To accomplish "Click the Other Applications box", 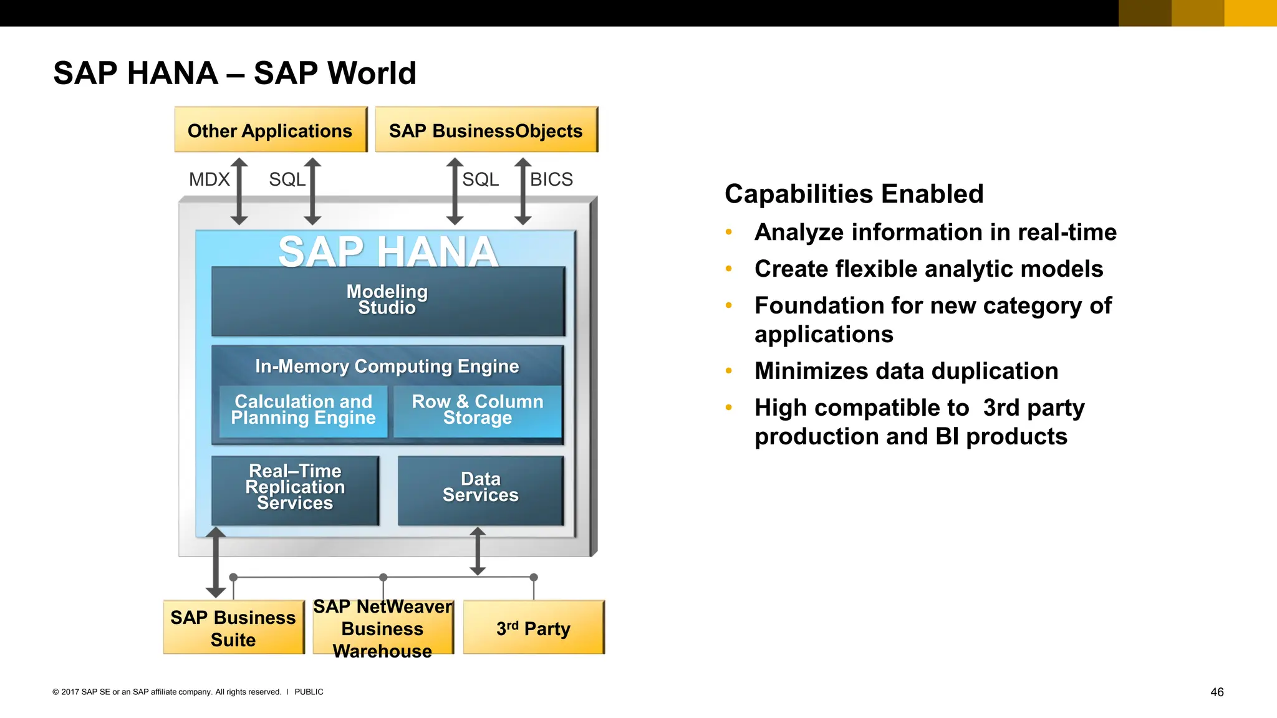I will [x=271, y=130].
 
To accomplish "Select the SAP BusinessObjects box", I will [x=486, y=130].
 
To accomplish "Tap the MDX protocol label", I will [x=209, y=179].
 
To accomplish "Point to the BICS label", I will [x=551, y=179].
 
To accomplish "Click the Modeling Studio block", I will [x=387, y=301].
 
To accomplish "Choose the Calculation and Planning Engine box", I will [x=303, y=411].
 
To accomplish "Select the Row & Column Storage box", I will [x=478, y=411].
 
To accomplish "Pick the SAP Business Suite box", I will [x=233, y=628].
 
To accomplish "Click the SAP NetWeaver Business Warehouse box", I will [x=383, y=628].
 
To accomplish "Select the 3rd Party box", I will [x=534, y=628].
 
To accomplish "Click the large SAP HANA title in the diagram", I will [x=387, y=252].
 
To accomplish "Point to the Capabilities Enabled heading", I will [x=854, y=194].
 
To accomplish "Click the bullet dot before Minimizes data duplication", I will [x=728, y=371].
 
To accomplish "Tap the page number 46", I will [x=1217, y=692].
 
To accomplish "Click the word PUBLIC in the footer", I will [x=309, y=692].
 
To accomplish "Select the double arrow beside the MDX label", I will [x=239, y=191].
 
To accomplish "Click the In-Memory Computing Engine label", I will [x=387, y=366].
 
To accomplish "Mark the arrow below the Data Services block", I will [x=478, y=551].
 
